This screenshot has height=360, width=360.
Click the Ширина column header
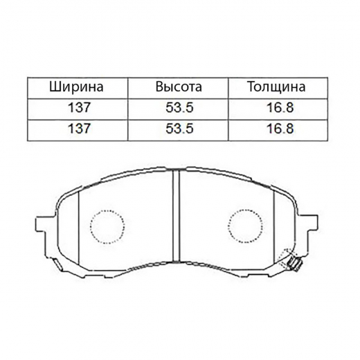76,87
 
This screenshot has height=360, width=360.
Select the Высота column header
179,87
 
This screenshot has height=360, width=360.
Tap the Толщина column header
276,87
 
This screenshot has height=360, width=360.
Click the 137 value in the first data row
78,107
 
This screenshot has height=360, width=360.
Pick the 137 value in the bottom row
78,128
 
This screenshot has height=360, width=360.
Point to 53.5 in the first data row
179,107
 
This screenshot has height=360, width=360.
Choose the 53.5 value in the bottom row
179,128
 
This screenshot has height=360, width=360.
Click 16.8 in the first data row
280,107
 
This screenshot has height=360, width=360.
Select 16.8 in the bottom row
280,128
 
